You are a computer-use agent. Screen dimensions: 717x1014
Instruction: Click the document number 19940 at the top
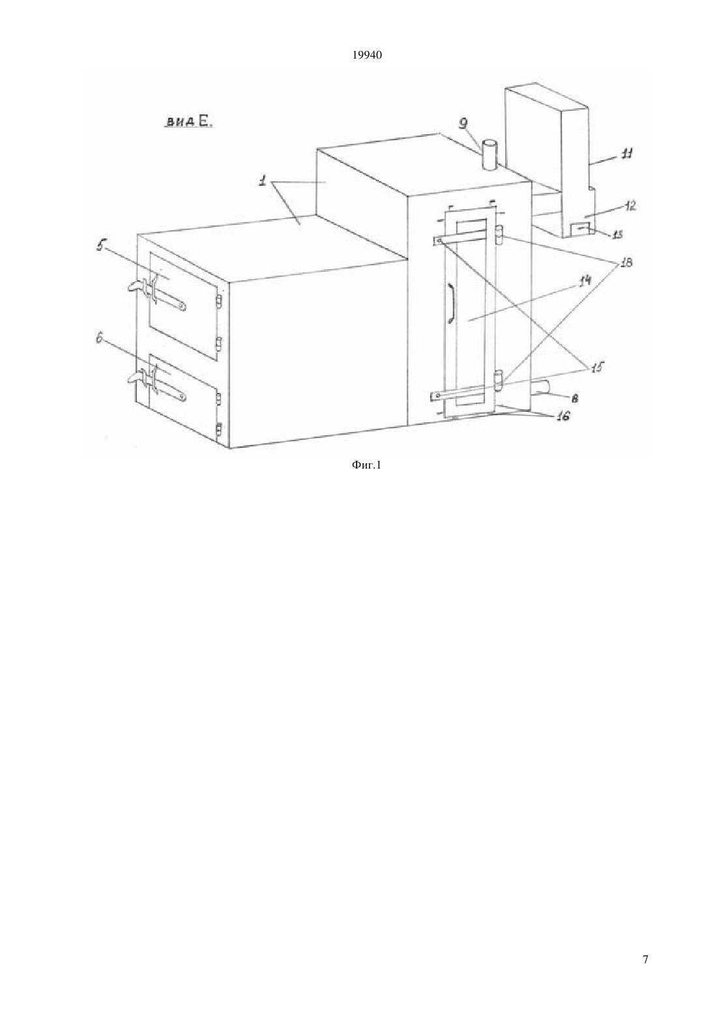point(366,55)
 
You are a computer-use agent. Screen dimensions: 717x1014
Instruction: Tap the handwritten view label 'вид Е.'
point(188,121)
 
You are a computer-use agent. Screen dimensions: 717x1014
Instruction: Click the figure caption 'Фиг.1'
point(366,465)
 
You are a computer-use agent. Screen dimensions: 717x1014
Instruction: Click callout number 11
point(626,154)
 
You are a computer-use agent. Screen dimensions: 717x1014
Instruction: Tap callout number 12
point(630,206)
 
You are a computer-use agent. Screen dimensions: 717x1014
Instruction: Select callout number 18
point(626,263)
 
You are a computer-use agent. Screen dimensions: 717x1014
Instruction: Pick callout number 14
point(585,281)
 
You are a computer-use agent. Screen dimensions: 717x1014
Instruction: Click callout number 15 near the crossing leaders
point(597,367)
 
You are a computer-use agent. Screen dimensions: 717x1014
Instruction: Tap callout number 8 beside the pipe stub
point(574,398)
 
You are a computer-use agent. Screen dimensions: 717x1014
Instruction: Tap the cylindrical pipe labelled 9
point(488,155)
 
